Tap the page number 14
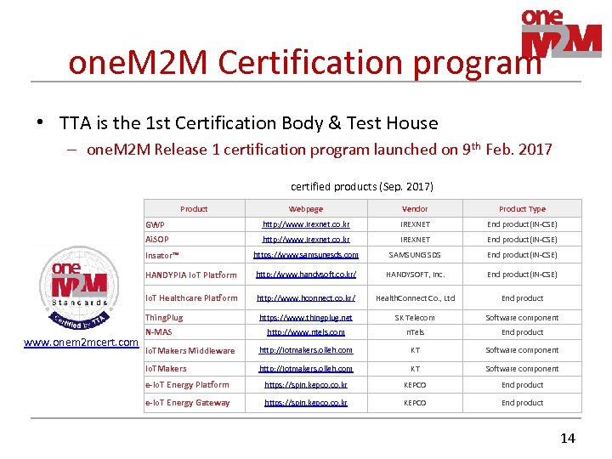pos(568,439)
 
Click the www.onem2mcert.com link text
pos(82,343)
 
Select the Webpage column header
pos(306,208)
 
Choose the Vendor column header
pos(415,208)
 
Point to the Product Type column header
pos(522,208)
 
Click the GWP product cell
pos(156,224)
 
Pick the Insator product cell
pos(161,255)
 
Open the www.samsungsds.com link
pos(306,255)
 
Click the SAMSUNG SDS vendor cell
pos(415,255)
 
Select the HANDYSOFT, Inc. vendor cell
pos(415,275)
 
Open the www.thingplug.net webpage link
pos(306,318)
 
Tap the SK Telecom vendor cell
pos(415,318)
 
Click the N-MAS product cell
pos(160,332)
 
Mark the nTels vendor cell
pos(415,332)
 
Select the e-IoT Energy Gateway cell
pos(188,403)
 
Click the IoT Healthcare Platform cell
pos(191,298)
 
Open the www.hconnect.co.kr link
pos(306,298)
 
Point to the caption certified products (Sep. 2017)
pos(362,186)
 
